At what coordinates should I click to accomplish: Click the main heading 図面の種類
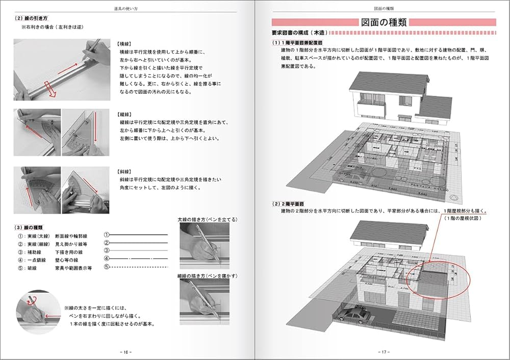384,22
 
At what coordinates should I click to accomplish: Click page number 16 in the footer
125,352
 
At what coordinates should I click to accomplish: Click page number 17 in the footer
384,352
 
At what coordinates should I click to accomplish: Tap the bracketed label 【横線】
125,44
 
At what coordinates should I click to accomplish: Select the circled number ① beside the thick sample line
107,235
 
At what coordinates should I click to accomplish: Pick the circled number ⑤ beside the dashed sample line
107,267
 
